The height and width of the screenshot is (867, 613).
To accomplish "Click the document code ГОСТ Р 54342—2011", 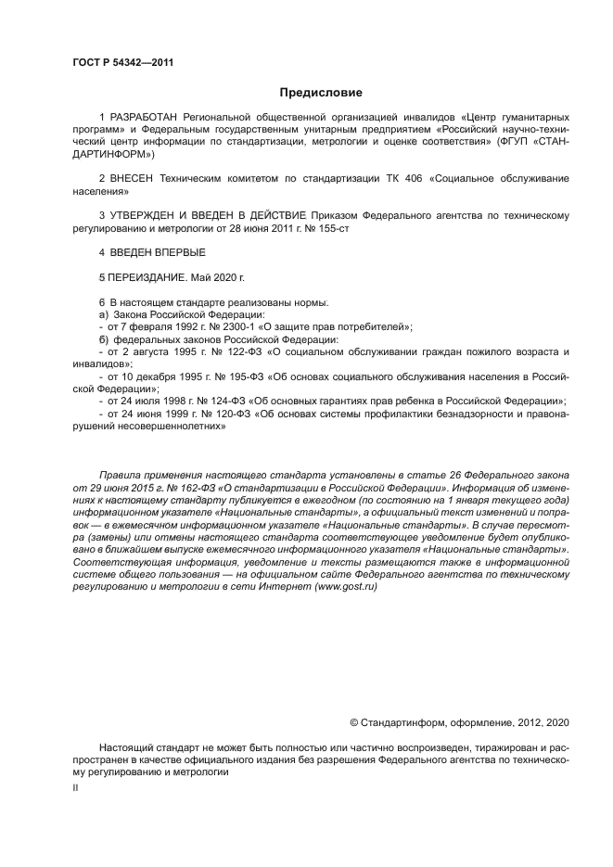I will (x=122, y=63).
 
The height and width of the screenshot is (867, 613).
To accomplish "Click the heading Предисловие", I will (x=321, y=93).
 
